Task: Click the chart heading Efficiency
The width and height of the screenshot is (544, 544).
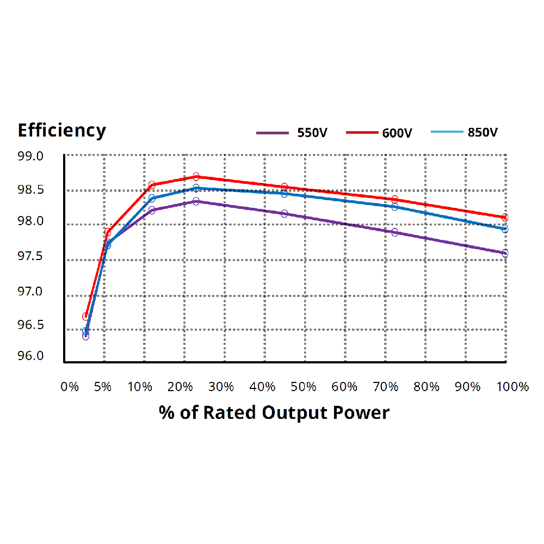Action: tap(61, 131)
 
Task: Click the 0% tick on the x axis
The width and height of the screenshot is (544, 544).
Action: tap(70, 387)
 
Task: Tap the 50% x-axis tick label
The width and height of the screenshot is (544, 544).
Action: tap(304, 387)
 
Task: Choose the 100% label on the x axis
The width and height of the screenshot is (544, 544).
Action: tap(512, 387)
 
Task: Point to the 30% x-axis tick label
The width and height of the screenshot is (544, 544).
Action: tap(222, 387)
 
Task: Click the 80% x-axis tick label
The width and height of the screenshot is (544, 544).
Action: tap(426, 387)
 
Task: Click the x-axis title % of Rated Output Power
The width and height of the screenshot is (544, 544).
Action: tap(274, 412)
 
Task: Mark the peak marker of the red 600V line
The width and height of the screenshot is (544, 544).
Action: tap(196, 177)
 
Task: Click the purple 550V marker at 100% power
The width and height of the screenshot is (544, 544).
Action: tap(505, 253)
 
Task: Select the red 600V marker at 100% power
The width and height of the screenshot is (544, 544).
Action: tap(505, 218)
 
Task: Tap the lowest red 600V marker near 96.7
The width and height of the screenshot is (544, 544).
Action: tap(85, 316)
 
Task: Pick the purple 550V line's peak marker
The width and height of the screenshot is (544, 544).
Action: tap(196, 201)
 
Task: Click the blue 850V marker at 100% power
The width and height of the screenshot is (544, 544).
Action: tap(505, 229)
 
